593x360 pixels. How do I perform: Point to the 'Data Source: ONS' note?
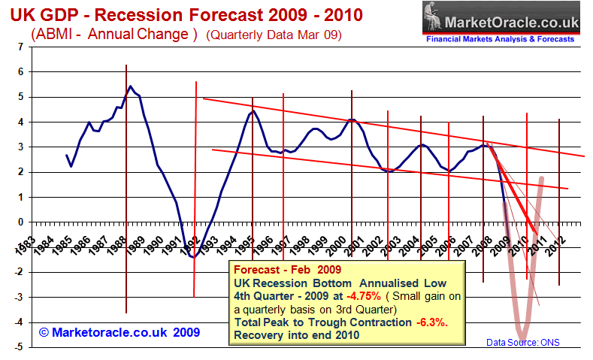coord(523,343)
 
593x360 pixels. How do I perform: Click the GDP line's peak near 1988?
coord(131,86)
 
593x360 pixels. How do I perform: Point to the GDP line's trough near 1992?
coord(192,257)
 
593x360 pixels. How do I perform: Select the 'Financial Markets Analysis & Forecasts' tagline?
coord(501,38)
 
